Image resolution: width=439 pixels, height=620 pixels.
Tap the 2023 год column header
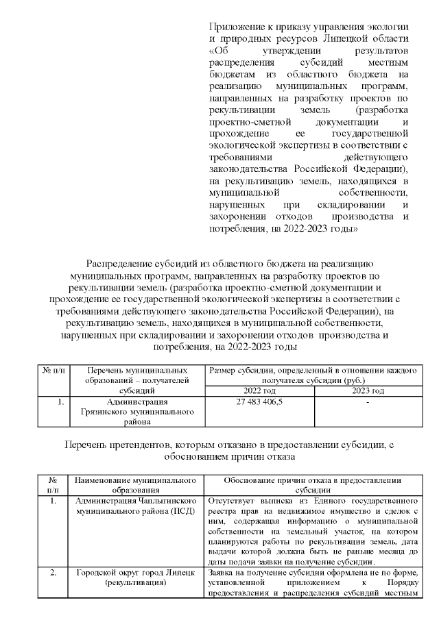(368, 390)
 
